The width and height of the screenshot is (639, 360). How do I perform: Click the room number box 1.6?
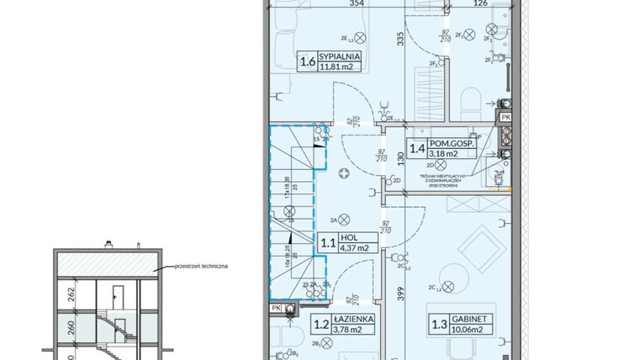click(308, 61)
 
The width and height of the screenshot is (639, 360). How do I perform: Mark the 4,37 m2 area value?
click(353, 249)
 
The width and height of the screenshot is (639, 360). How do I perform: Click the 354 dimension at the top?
click(334, 4)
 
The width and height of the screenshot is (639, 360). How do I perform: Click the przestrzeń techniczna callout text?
click(201, 266)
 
